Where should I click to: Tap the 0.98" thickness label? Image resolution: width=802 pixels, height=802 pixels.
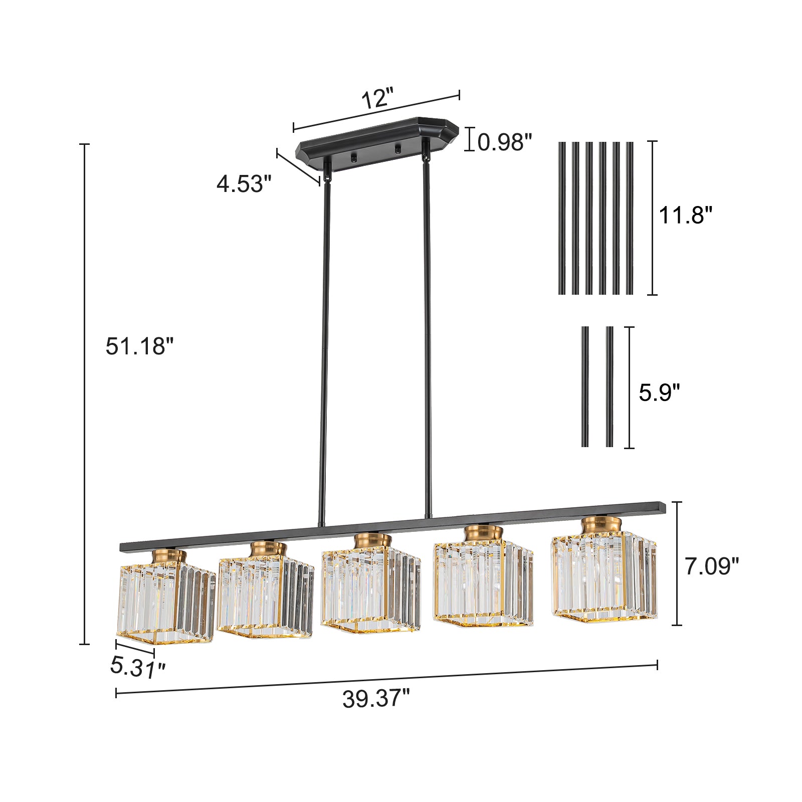(x=504, y=142)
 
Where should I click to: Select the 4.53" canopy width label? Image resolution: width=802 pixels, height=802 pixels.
(x=244, y=184)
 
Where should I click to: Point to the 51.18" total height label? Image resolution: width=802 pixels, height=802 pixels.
(x=139, y=346)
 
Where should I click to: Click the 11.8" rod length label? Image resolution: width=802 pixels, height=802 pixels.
(x=685, y=216)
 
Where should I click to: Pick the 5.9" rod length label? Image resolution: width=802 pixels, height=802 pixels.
(x=660, y=392)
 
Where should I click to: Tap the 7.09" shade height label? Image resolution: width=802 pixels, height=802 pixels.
(x=712, y=566)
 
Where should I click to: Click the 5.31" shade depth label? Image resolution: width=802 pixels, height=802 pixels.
(x=138, y=667)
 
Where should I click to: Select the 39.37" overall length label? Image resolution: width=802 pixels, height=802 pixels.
(x=376, y=698)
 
